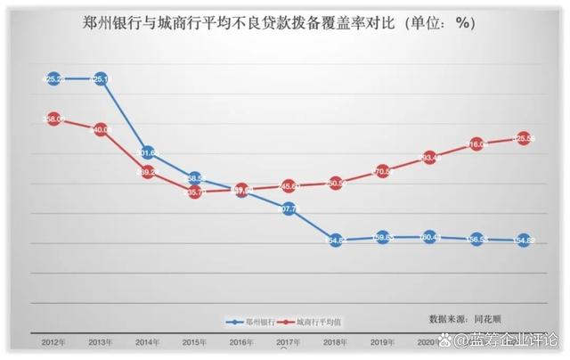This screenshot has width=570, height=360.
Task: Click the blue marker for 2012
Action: (53, 78)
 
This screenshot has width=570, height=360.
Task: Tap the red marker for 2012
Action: (53, 119)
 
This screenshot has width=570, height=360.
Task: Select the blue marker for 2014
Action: (149, 153)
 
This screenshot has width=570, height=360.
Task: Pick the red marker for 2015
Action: (194, 191)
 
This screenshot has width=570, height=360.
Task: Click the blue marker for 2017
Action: (289, 209)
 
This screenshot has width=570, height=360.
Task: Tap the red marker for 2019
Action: (382, 171)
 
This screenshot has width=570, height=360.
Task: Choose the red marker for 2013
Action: (101, 129)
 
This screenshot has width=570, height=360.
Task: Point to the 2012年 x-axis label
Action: (53, 341)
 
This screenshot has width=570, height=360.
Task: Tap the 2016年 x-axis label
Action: (241, 341)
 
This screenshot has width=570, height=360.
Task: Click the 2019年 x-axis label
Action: (382, 341)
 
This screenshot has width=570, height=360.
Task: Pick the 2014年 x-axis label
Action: (148, 341)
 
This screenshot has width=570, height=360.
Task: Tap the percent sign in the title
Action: (464, 24)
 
